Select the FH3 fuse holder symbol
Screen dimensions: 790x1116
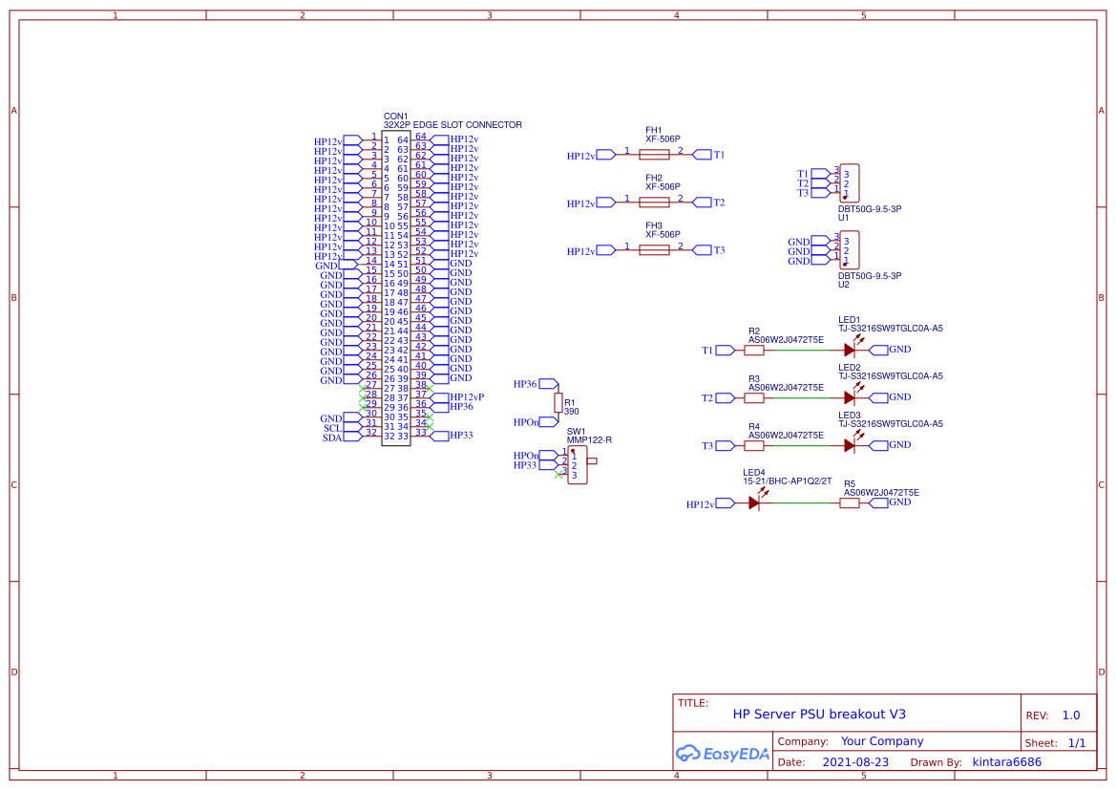coord(654,249)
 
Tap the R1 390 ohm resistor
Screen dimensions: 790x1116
coord(558,402)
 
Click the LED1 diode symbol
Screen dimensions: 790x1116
coord(849,350)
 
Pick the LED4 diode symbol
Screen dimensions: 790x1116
coord(754,502)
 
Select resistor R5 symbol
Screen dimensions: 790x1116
coord(849,502)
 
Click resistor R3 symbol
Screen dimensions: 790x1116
coord(754,397)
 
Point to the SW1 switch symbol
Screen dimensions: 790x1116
coord(578,466)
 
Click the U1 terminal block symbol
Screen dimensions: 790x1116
coord(849,182)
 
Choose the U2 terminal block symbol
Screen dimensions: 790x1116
coord(849,250)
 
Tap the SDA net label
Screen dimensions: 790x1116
coord(332,438)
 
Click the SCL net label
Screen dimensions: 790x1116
coord(332,428)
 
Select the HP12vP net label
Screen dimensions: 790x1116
coord(467,396)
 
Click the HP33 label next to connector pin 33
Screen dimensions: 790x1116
coord(461,436)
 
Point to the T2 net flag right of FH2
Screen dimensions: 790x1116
coord(718,202)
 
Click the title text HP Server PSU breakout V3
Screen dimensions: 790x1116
coord(819,714)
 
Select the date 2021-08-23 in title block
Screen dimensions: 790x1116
coord(854,762)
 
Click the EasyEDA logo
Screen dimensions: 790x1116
coord(722,753)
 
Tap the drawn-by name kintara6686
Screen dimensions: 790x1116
coord(1006,762)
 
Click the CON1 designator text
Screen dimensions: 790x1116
coord(395,116)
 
